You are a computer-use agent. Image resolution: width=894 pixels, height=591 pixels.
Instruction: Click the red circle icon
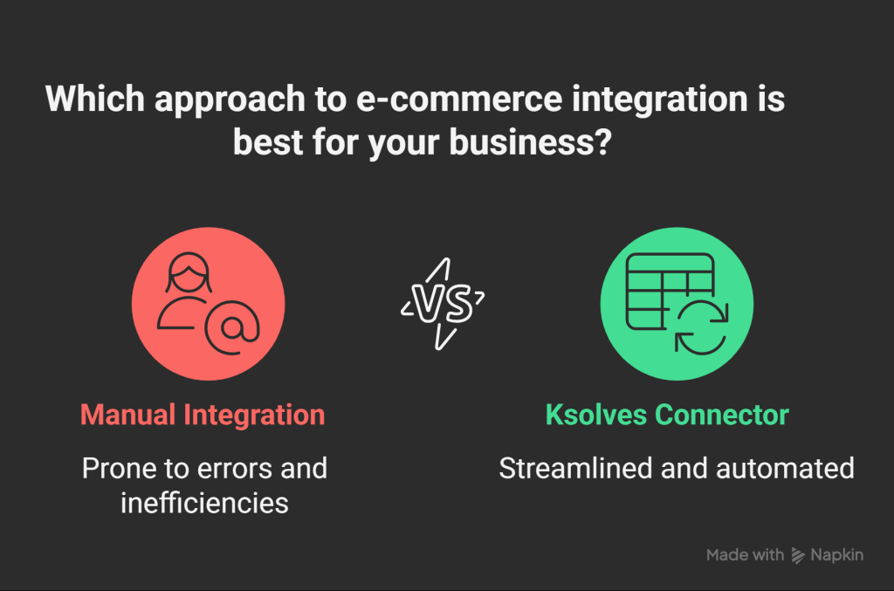point(208,303)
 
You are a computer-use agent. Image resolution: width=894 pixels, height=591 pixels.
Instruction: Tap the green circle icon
point(677,303)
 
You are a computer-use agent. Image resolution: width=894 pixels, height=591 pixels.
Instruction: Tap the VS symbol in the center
point(443,304)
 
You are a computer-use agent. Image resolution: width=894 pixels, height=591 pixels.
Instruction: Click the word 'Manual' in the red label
point(127,415)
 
